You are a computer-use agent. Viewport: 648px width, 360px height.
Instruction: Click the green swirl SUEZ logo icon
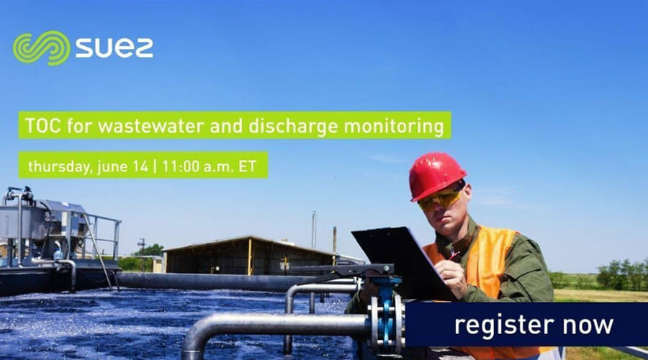41,48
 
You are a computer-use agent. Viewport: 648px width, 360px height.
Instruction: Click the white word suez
114,48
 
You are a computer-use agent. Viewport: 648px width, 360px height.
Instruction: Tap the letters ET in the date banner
247,166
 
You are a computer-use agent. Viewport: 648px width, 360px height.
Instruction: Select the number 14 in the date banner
140,166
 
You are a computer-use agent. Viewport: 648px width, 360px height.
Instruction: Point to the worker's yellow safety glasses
441,199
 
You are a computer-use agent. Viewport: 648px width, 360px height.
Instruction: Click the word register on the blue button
504,325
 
